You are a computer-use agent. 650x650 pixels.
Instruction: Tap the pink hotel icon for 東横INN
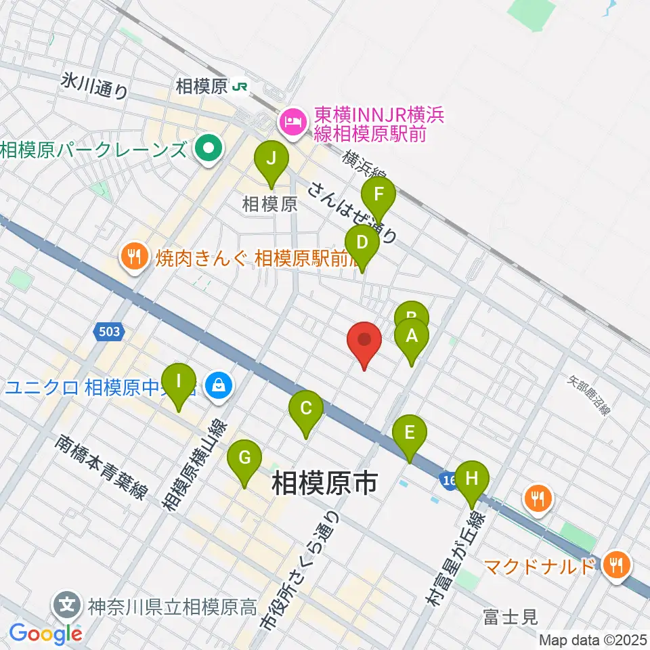pyautogui.click(x=291, y=123)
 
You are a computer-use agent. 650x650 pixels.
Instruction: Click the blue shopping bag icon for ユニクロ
pyautogui.click(x=218, y=387)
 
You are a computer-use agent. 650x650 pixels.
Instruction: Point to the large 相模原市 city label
pyautogui.click(x=324, y=485)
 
